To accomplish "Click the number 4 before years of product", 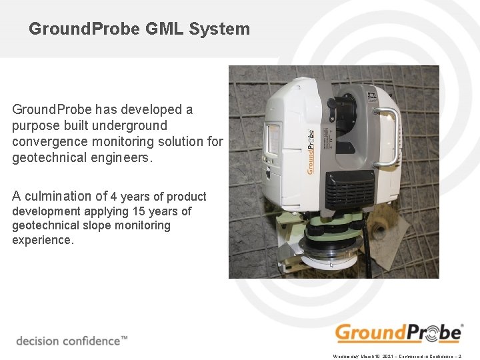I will coord(114,197).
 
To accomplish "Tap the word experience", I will coord(43,240).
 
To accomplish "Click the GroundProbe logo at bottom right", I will coord(399,333).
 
